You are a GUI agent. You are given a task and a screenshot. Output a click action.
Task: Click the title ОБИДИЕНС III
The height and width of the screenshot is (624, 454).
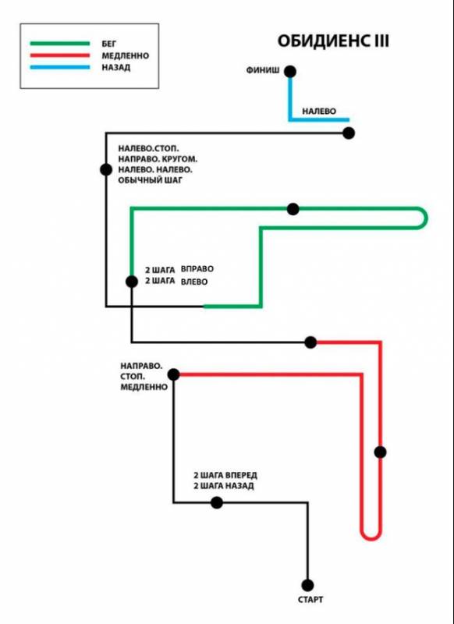333,41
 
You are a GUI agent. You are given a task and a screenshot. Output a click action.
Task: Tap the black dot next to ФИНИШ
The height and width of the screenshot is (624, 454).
290,72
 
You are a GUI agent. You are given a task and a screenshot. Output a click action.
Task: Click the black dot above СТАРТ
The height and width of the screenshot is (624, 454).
307,586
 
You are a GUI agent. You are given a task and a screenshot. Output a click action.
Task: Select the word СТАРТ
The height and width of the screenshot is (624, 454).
310,599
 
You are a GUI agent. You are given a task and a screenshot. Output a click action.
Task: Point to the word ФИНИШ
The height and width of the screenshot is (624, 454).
263,70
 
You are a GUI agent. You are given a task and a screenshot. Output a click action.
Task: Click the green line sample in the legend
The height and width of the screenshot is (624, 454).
60,44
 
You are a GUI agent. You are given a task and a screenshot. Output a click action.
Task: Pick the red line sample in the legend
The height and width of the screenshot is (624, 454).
60,55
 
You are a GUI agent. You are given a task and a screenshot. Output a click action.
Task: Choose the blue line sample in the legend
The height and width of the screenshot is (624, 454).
60,67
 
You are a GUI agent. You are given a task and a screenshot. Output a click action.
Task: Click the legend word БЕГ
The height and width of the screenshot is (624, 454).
109,44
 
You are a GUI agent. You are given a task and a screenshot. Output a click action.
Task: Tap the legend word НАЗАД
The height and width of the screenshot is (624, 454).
115,67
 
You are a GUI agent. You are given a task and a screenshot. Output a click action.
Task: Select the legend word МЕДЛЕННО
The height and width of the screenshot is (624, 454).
126,55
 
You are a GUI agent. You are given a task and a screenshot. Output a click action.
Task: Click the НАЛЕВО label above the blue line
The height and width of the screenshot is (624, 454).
319,112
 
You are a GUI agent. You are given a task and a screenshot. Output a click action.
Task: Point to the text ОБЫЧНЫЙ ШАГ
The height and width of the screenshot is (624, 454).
150,180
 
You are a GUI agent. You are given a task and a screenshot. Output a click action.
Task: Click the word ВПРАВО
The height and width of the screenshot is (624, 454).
197,269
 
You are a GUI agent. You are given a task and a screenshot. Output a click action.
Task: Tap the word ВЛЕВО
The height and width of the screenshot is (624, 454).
194,282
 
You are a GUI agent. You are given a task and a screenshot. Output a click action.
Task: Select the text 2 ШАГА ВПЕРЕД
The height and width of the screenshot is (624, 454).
225,475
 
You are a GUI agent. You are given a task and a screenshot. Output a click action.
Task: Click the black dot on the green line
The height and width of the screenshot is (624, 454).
293,209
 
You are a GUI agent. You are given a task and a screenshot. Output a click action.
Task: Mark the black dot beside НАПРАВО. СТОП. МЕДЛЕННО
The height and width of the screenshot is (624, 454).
173,374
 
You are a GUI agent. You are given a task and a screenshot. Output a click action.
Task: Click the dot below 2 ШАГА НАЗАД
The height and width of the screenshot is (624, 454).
216,502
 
